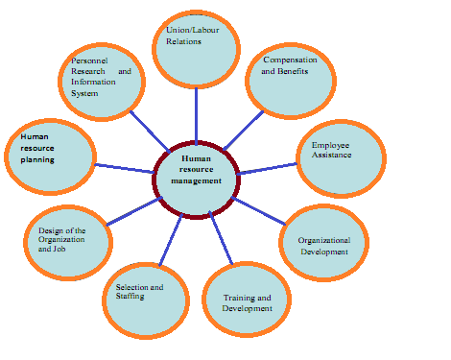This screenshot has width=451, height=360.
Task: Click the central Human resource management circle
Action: tap(196, 180)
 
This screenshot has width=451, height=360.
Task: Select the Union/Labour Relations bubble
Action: tap(196, 49)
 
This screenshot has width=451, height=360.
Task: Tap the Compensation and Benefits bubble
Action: tap(291, 81)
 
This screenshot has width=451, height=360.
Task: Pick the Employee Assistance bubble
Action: tap(342, 158)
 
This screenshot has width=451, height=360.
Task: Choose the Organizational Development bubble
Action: tap(323, 243)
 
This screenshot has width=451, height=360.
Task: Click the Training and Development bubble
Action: tap(247, 300)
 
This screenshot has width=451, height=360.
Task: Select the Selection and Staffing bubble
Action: tap(146, 300)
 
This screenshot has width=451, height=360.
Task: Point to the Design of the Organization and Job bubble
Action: tap(68, 243)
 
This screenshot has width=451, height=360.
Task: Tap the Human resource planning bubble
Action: tap(50, 156)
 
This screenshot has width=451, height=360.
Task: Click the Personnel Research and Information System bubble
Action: tap(102, 82)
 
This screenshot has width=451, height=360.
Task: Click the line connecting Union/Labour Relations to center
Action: tap(196, 114)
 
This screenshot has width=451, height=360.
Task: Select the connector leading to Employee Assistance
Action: tap(268, 169)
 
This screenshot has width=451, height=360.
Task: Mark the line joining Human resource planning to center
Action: tap(125, 168)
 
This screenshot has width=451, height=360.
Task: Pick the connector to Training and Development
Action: tap(221, 237)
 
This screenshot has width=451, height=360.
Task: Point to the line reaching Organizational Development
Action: tap(258, 211)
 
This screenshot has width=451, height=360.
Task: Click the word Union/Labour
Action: tap(193, 30)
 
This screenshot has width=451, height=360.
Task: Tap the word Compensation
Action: tap(290, 60)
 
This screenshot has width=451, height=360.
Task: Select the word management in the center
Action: tap(196, 181)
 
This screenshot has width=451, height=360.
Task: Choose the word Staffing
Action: tap(130, 297)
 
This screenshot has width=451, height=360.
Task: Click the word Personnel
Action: tap(89, 60)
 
